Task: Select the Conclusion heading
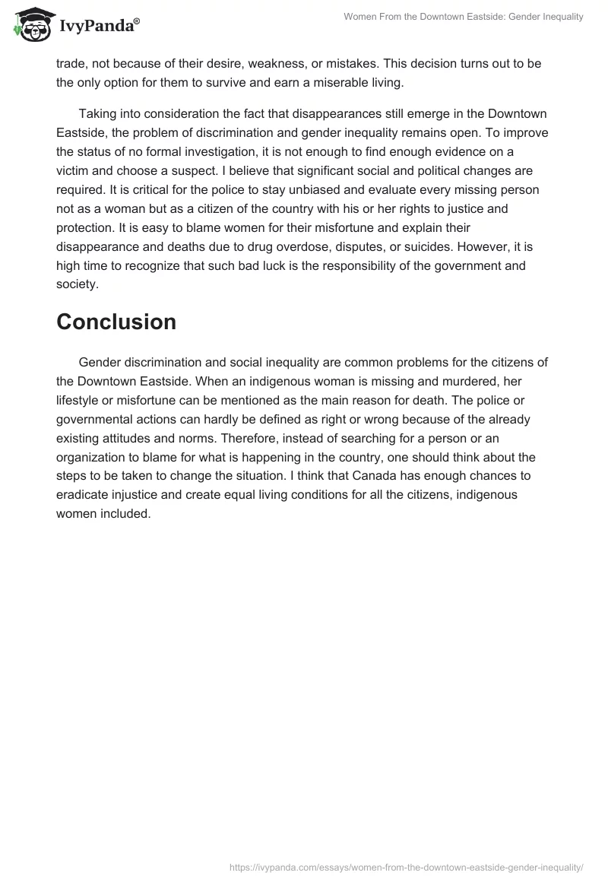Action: click(116, 322)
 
